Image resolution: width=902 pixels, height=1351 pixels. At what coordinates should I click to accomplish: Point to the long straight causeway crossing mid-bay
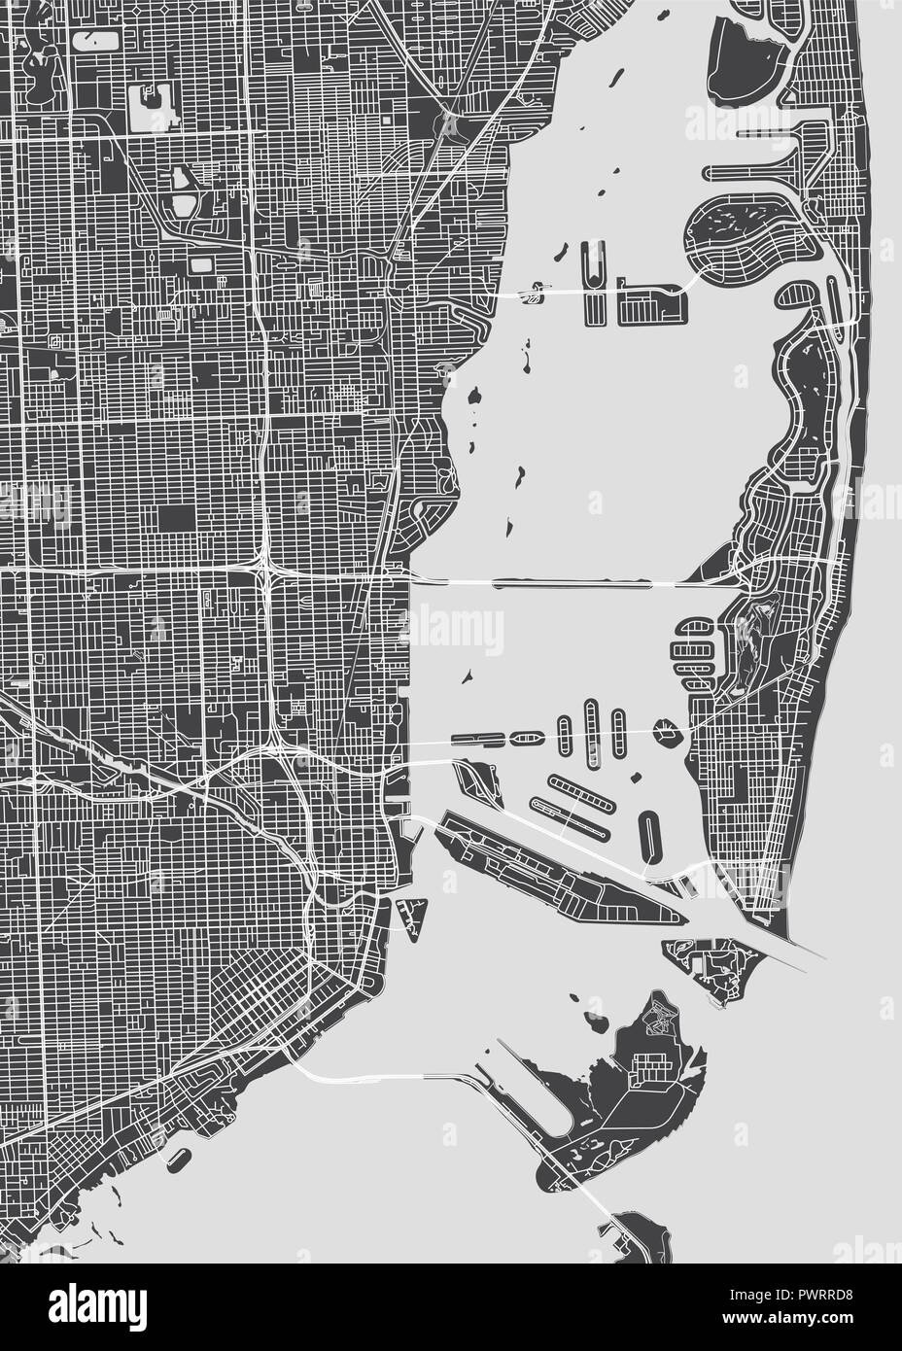pos(573,583)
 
